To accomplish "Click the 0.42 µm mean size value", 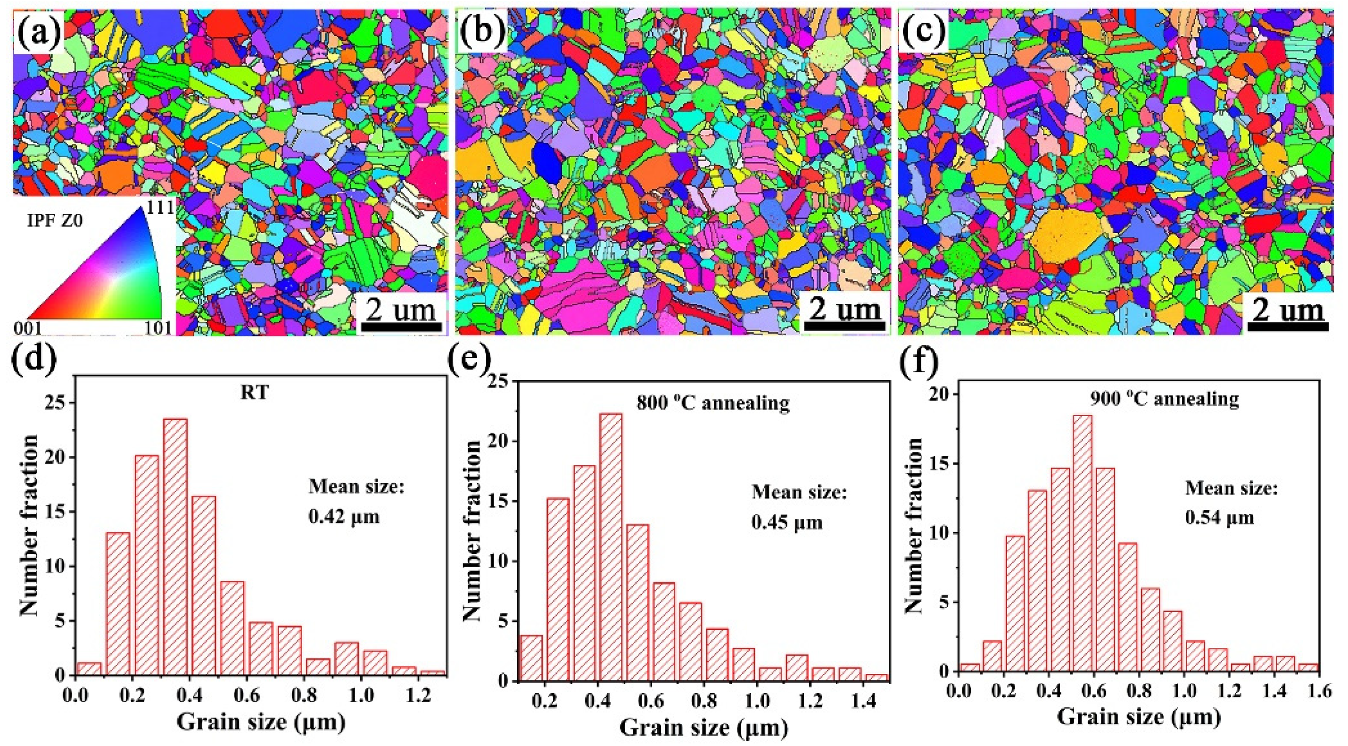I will tap(343, 517).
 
